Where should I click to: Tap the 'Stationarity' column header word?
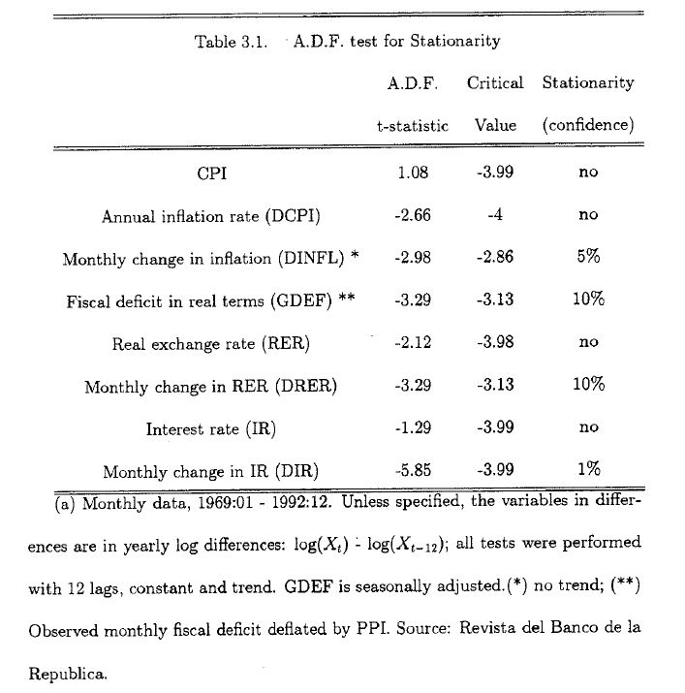(x=588, y=83)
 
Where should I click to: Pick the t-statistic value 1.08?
(x=413, y=173)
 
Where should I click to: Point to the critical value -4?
(x=495, y=215)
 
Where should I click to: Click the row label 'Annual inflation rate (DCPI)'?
(x=211, y=217)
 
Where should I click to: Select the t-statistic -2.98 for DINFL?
(x=413, y=258)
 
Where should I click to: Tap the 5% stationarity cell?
(x=588, y=257)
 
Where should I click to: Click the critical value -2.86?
(x=495, y=258)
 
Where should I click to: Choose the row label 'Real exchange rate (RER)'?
(x=211, y=344)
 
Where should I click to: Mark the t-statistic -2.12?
(x=413, y=342)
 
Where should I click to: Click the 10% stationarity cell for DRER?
(x=588, y=385)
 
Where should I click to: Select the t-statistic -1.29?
(x=413, y=427)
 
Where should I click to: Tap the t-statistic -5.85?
(x=413, y=470)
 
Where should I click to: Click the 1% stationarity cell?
(x=588, y=469)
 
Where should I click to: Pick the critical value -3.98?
(x=495, y=342)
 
